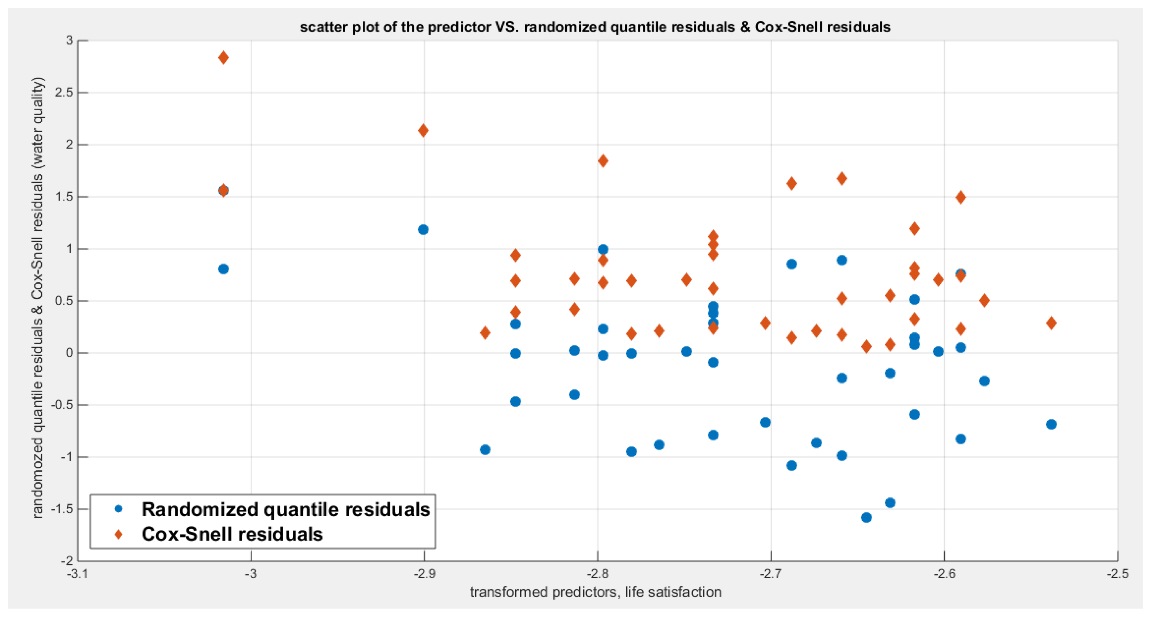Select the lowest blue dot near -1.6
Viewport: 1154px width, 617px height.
point(866,517)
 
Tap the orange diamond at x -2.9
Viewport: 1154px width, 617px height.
point(423,131)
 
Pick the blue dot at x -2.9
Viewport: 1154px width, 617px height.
point(423,230)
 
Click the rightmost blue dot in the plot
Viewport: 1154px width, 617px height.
point(1052,424)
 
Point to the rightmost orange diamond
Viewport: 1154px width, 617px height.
point(1052,323)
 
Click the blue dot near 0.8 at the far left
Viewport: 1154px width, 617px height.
point(224,269)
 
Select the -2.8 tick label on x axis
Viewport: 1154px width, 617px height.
point(597,574)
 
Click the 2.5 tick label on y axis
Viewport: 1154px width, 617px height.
point(64,92)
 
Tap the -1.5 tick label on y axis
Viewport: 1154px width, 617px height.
point(62,509)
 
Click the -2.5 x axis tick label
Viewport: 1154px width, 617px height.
point(1118,574)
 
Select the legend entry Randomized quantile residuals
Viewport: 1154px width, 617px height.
point(285,510)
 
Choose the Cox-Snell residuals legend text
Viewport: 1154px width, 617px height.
point(232,534)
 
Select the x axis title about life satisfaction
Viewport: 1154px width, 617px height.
point(595,592)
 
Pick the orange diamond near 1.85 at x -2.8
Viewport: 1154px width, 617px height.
point(603,161)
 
